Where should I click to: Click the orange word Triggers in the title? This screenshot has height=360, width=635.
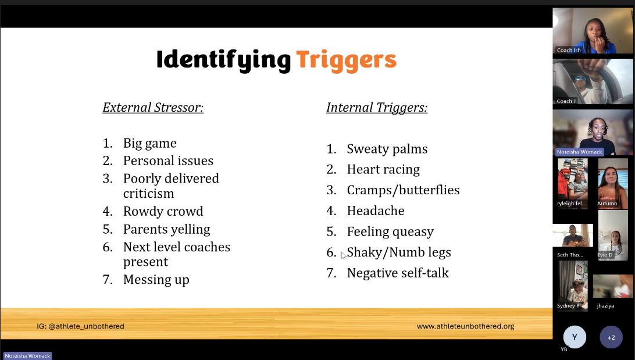coord(346,60)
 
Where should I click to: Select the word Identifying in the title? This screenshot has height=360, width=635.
coord(223,60)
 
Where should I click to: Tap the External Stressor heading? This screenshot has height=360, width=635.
coord(153,108)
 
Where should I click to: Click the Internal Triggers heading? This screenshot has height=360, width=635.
coord(377,108)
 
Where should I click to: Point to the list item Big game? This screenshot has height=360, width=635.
coord(149,143)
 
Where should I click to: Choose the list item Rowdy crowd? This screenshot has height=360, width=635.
coord(163,211)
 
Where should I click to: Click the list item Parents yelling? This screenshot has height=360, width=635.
coord(166,229)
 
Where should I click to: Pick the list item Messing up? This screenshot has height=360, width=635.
coord(156,280)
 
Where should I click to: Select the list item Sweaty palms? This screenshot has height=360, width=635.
coord(387,149)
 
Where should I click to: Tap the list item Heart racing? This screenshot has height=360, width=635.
coord(383,169)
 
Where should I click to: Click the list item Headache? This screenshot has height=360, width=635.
coord(376,211)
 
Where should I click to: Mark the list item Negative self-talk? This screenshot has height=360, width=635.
coord(398,273)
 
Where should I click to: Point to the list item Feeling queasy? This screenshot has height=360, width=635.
coord(390,231)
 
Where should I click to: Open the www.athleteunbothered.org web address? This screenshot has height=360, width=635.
coord(465,326)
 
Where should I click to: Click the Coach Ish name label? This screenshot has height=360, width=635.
coord(569,50)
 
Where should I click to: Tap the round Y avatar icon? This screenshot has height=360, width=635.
coord(575,337)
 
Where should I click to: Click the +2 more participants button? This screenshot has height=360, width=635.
coord(611,337)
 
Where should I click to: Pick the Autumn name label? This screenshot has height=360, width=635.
coord(607,204)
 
